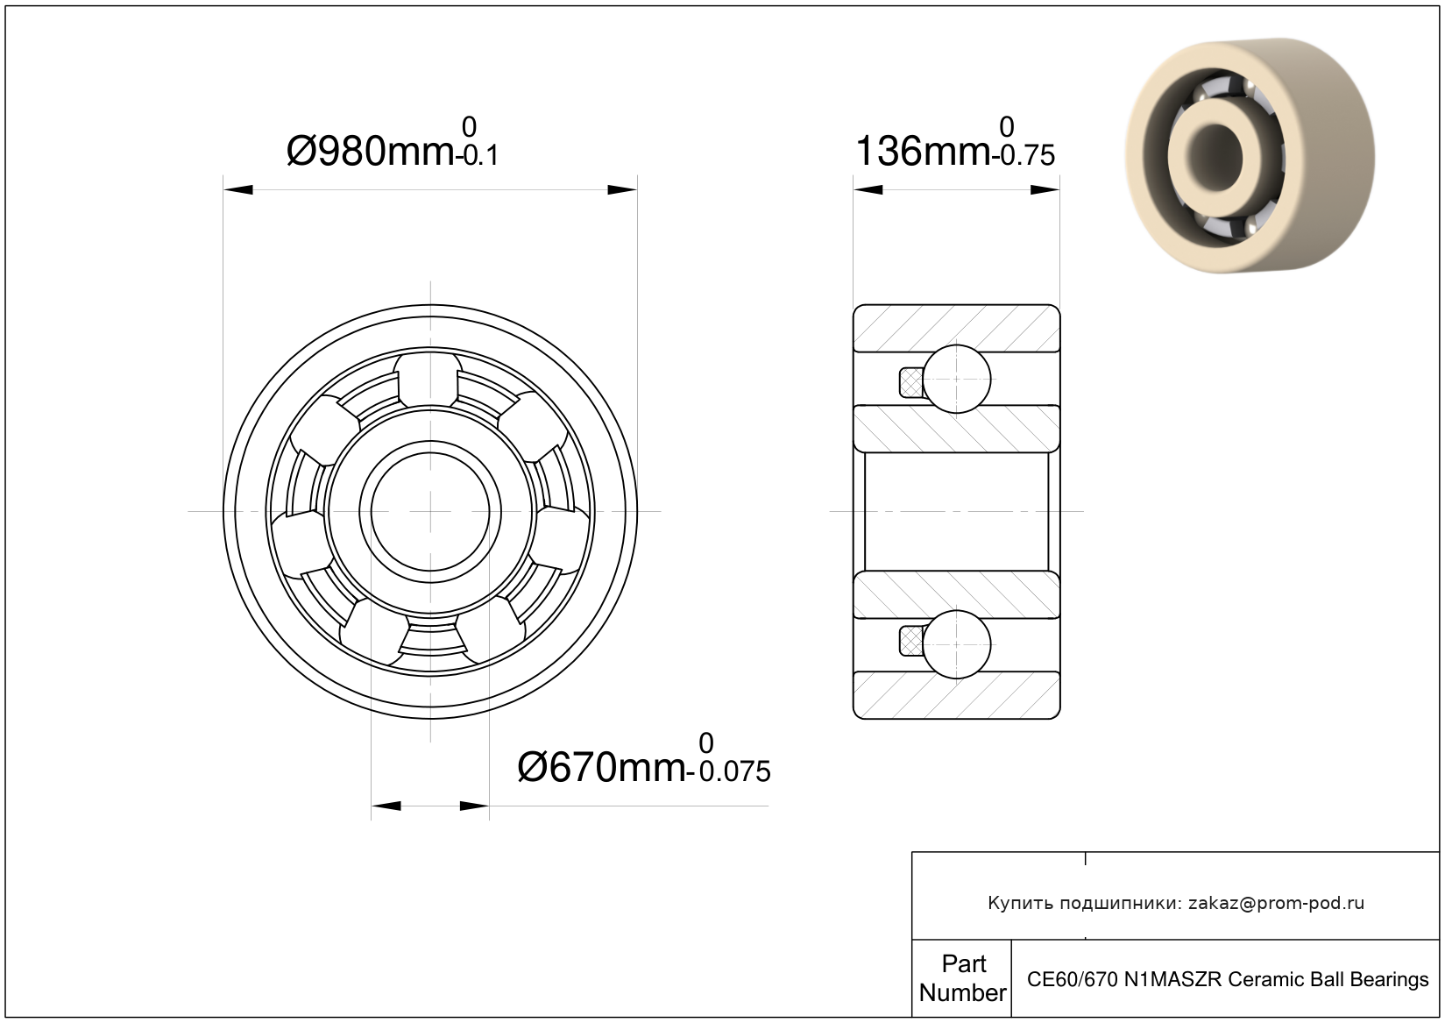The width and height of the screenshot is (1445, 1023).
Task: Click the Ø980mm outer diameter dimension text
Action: tap(371, 152)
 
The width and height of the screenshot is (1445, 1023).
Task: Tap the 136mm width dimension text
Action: tap(923, 152)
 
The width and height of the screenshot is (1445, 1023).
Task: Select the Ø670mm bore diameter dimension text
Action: tap(602, 768)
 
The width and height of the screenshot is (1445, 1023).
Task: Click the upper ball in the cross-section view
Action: tap(956, 379)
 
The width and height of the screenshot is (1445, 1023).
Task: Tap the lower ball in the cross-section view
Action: tap(956, 644)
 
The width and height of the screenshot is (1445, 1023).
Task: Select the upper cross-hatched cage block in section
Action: tap(911, 382)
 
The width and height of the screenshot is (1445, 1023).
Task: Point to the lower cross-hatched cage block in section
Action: tap(911, 641)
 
